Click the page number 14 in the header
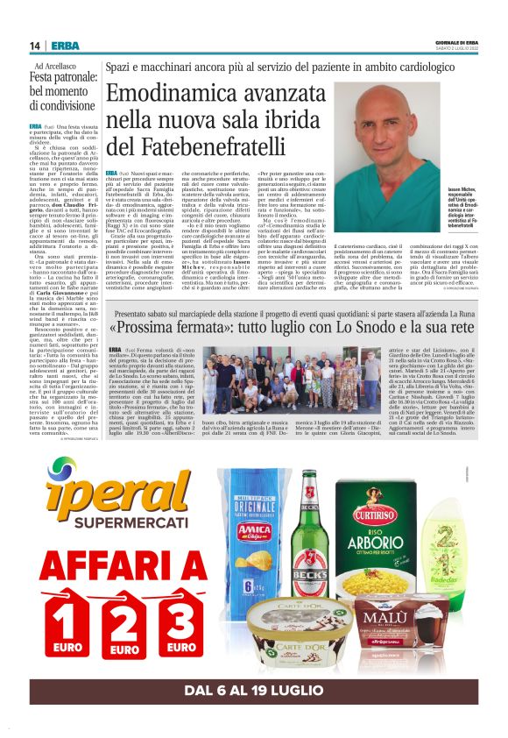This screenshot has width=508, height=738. click(x=36, y=46)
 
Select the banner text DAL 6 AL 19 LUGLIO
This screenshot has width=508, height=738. click(x=254, y=691)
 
